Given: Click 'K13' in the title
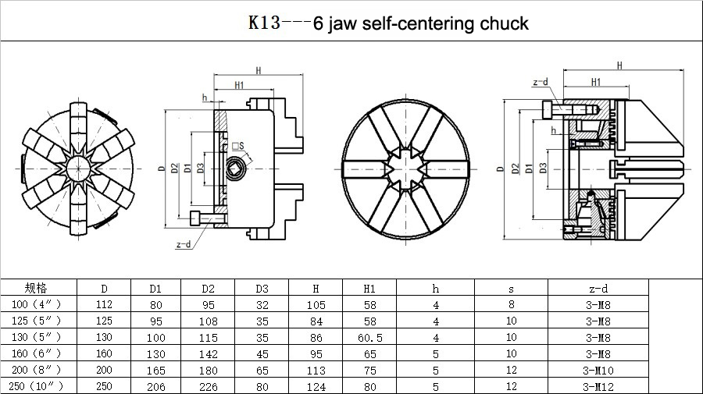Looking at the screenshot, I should point(264,23).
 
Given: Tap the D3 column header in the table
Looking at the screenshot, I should point(262,289).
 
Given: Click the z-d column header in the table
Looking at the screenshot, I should point(598,289).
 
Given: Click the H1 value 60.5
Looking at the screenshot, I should point(369,337).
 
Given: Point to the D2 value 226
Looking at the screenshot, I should point(208,385).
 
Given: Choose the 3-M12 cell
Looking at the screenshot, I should point(598,385).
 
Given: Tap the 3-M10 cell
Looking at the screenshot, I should point(598,369).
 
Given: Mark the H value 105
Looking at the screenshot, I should point(316,304).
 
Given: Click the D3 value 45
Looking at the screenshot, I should point(262,353).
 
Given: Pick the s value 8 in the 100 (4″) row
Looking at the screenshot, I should point(512,304).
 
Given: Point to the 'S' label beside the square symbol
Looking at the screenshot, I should point(242,145).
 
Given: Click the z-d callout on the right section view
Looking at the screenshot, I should point(540,82).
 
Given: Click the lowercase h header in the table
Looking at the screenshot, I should point(436,289).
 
